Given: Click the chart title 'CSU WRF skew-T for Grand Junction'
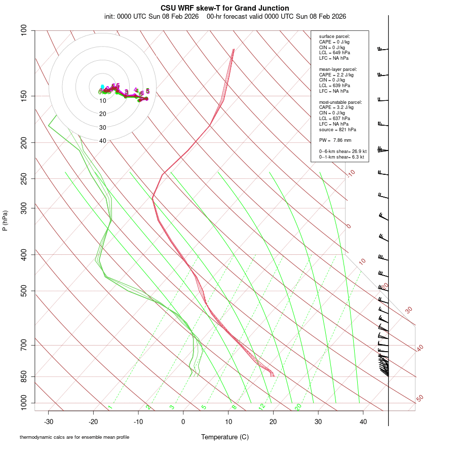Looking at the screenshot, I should [x=225, y=8].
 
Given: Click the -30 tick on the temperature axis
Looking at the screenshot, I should [x=49, y=421].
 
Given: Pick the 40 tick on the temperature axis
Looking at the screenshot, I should [x=363, y=421].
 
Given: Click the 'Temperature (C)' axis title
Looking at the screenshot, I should [x=225, y=437].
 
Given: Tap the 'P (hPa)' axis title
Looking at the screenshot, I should [x=5, y=220].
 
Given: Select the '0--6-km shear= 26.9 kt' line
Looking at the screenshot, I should [x=343, y=151].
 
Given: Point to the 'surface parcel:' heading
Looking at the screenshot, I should [x=334, y=36].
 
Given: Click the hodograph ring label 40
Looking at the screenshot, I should [x=103, y=141].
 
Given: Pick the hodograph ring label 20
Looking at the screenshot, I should [x=103, y=114].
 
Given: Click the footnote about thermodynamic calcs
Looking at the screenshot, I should [x=74, y=437].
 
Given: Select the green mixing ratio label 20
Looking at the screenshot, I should [x=298, y=406].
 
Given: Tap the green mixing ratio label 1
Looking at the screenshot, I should [x=110, y=407].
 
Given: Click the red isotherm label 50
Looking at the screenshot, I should [x=420, y=399].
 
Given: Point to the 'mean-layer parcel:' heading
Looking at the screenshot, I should [x=338, y=69].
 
